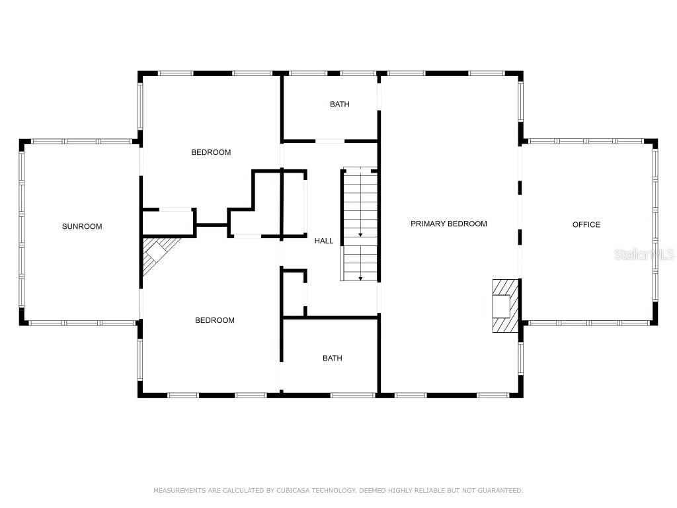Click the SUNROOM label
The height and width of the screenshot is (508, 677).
click(82, 226)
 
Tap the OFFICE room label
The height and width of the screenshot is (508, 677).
click(586, 225)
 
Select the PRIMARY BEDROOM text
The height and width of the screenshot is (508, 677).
click(449, 224)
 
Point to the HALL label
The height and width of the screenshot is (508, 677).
click(324, 241)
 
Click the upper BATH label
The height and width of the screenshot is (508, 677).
click(339, 104)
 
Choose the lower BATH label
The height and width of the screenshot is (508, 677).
click(333, 358)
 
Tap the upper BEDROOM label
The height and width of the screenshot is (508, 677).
click(211, 152)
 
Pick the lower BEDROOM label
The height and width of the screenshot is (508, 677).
click(215, 320)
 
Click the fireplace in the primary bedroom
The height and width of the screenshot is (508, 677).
click(506, 306)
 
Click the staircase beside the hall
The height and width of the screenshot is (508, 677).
click(360, 225)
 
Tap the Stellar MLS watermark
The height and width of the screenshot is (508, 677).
click(644, 254)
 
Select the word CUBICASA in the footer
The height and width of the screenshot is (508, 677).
click(292, 490)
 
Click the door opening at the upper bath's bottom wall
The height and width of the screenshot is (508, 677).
click(330, 141)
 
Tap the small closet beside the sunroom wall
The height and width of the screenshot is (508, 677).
click(168, 222)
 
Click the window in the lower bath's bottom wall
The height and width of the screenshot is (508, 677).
click(353, 395)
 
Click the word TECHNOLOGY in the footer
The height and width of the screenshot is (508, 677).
click(333, 490)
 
